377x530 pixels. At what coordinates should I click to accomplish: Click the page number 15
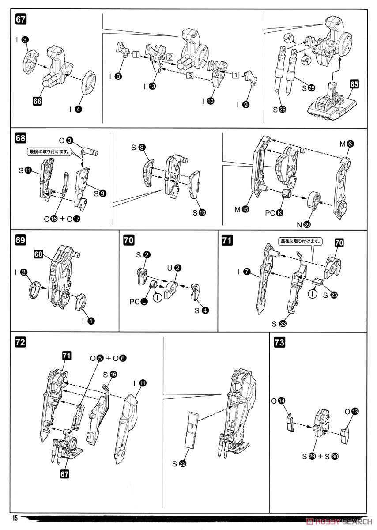(15, 518)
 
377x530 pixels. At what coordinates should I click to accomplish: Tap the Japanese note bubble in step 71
(300, 242)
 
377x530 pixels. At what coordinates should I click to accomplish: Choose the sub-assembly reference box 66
(38, 101)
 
